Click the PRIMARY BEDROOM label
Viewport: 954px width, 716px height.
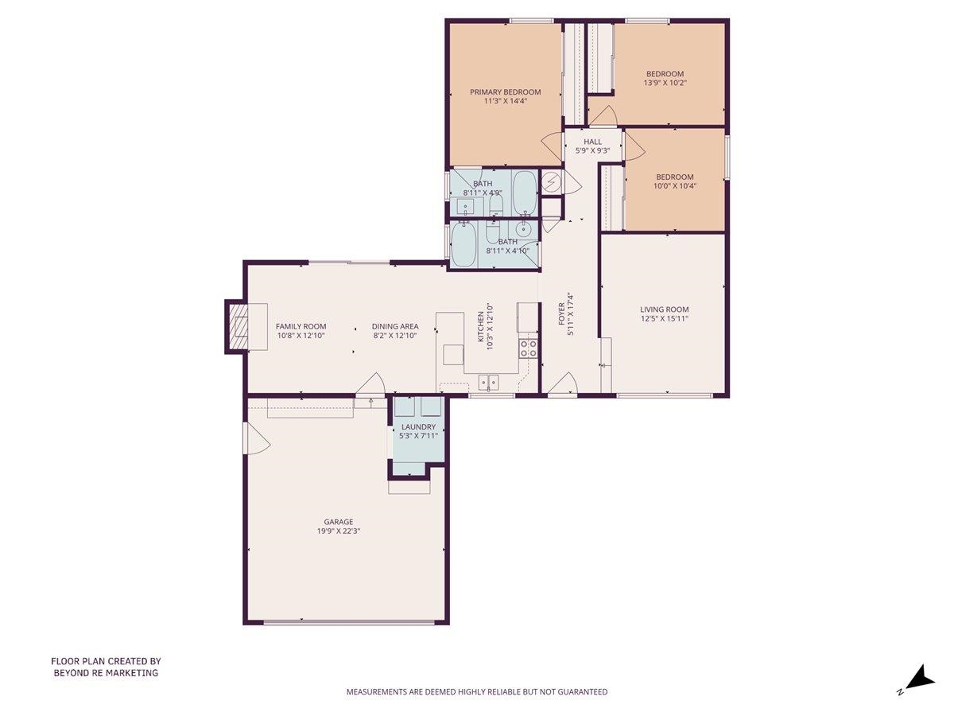[505, 91]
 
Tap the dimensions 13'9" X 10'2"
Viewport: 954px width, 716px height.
[665, 83]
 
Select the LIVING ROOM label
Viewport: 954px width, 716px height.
[665, 309]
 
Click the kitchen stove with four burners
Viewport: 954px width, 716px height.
[529, 347]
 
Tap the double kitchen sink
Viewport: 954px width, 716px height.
[488, 382]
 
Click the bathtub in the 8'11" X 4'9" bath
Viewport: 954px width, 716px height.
[524, 189]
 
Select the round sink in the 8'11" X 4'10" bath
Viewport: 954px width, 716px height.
[523, 229]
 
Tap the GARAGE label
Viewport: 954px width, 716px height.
[338, 522]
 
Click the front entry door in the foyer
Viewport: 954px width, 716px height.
[563, 385]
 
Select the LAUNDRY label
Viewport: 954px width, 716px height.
[418, 426]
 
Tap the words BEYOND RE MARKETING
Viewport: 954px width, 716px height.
[106, 673]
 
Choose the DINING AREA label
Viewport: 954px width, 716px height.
[396, 326]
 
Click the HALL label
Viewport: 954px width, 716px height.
[593, 142]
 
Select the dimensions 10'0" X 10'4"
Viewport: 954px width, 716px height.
[674, 186]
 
